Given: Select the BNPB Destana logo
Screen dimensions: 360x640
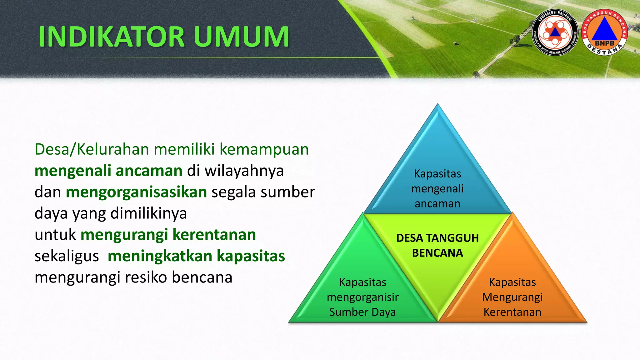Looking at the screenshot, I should pyautogui.click(x=604, y=32).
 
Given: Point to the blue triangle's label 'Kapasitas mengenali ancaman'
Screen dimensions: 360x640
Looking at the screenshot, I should pyautogui.click(x=437, y=188).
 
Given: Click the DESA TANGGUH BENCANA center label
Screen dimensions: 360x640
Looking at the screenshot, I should pyautogui.click(x=437, y=245).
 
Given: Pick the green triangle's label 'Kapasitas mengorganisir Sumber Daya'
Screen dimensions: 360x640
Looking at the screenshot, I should pyautogui.click(x=362, y=297).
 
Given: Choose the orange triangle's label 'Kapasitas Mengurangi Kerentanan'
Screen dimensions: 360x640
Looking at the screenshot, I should pyautogui.click(x=512, y=297).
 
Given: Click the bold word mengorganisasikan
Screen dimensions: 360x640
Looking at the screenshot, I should pyautogui.click(x=136, y=192).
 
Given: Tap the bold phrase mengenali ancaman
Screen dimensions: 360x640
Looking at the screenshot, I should pyautogui.click(x=108, y=171).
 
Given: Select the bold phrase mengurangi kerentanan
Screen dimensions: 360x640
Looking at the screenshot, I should pyautogui.click(x=168, y=235).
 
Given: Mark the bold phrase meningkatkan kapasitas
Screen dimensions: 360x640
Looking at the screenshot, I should pyautogui.click(x=196, y=256).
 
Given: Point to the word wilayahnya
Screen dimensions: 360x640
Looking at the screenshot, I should pyautogui.click(x=244, y=171).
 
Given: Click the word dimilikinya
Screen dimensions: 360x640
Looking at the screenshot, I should pyautogui.click(x=149, y=213).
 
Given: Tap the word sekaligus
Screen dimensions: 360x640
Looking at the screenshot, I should pyautogui.click(x=67, y=256).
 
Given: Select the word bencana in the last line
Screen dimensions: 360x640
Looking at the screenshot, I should pyautogui.click(x=202, y=277).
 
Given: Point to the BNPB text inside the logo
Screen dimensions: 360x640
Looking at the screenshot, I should pyautogui.click(x=604, y=43).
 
